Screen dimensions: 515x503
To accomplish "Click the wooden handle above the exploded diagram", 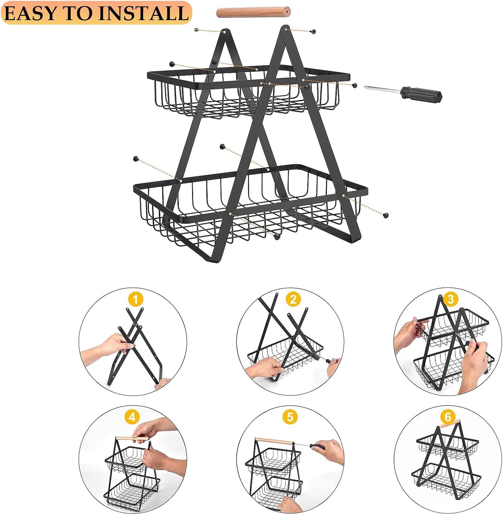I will pyautogui.click(x=253, y=12).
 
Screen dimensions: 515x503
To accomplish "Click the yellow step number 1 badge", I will pyautogui.click(x=136, y=299).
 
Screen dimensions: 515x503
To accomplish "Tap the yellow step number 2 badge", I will pyautogui.click(x=293, y=299).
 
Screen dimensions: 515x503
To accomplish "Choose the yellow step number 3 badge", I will pyautogui.click(x=451, y=299).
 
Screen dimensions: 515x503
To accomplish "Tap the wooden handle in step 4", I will pyautogui.click(x=132, y=438).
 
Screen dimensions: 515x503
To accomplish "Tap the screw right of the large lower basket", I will pyautogui.click(x=386, y=215).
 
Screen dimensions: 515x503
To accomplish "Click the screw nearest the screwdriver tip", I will pyautogui.click(x=354, y=85).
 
